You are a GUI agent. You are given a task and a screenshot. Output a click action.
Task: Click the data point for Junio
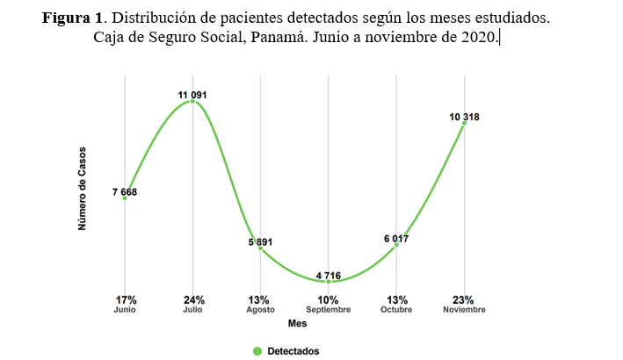(x=125, y=198)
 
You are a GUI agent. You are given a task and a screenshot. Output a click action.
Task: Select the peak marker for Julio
(x=192, y=102)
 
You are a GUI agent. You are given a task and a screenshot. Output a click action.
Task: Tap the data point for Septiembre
(x=329, y=281)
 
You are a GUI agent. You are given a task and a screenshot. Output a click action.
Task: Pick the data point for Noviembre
(x=464, y=123)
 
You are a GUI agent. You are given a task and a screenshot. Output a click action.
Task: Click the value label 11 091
(x=192, y=94)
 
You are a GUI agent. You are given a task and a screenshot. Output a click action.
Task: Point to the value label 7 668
(x=124, y=191)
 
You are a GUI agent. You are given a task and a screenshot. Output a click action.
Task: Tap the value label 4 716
(x=329, y=273)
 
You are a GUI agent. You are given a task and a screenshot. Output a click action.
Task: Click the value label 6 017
(x=396, y=238)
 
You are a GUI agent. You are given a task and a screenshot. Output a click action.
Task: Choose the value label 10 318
(x=464, y=116)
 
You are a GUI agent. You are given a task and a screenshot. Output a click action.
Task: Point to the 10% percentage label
(x=329, y=299)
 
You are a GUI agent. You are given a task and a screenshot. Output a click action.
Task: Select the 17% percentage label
(x=125, y=299)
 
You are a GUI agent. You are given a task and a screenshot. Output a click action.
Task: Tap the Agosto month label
(x=261, y=310)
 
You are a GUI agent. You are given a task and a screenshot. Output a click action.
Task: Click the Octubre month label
(x=396, y=310)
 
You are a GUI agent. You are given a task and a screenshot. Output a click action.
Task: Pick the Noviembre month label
(x=464, y=310)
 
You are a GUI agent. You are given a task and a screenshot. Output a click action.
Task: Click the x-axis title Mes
(x=298, y=325)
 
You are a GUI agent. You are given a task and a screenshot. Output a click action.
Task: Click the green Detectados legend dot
(x=257, y=350)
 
